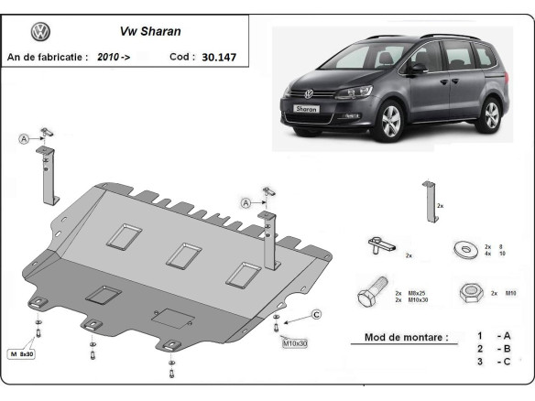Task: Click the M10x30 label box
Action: (295, 343)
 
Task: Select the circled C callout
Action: (316, 316)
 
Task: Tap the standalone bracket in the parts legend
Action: (428, 200)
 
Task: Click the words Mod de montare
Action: (407, 337)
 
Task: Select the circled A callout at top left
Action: (23, 138)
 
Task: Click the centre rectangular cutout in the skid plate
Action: (185, 255)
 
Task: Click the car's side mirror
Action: (416, 67)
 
